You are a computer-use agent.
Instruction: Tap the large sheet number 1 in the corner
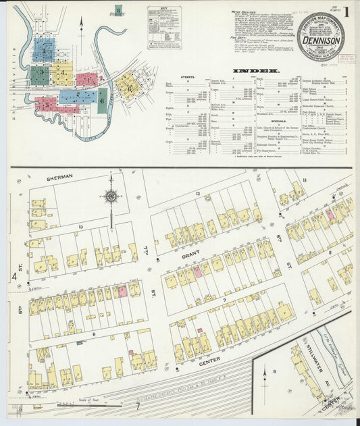[x=346, y=11]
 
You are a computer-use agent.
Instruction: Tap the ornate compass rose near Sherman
[x=109, y=196]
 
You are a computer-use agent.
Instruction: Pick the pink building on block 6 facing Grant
[x=122, y=291]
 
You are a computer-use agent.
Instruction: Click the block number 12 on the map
[x=198, y=194]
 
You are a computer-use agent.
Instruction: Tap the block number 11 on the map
[x=305, y=180]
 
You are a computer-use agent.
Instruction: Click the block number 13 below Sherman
[x=80, y=227]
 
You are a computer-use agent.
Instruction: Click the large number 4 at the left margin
[x=13, y=276]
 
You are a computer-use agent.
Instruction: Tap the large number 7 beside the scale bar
[x=138, y=406]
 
